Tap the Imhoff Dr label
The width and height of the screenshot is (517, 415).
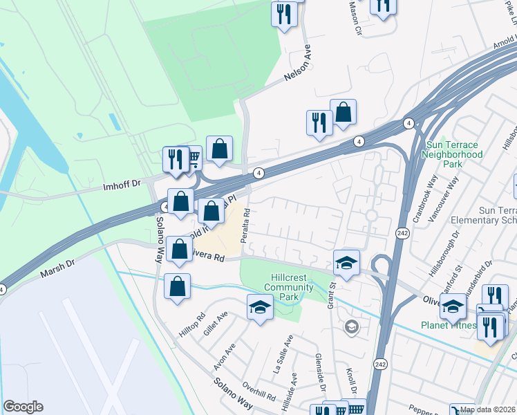(x=121, y=185)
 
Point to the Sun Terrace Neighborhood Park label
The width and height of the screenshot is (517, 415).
(x=454, y=155)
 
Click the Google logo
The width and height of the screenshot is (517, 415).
(x=23, y=407)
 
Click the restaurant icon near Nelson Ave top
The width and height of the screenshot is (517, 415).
(x=283, y=14)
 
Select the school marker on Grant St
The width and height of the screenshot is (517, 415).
(x=346, y=262)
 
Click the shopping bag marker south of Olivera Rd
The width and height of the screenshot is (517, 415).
(x=178, y=286)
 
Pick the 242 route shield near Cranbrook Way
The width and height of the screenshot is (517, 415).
(x=402, y=234)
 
